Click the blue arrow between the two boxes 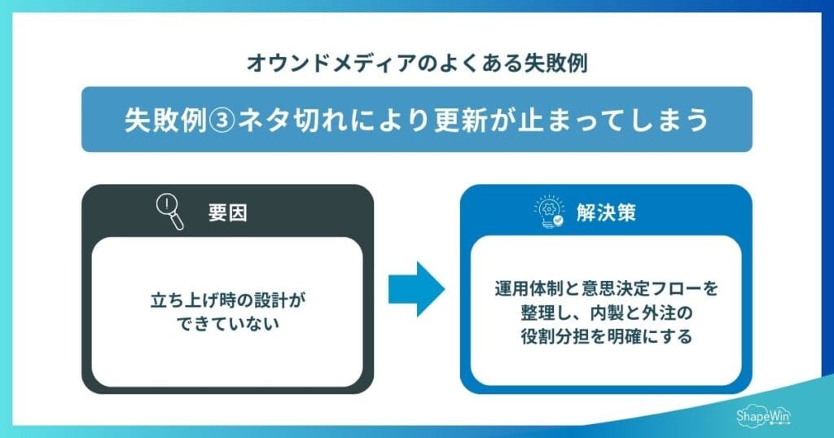pos(415,288)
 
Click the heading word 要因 pos(227,214)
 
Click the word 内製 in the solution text pos(603,313)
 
